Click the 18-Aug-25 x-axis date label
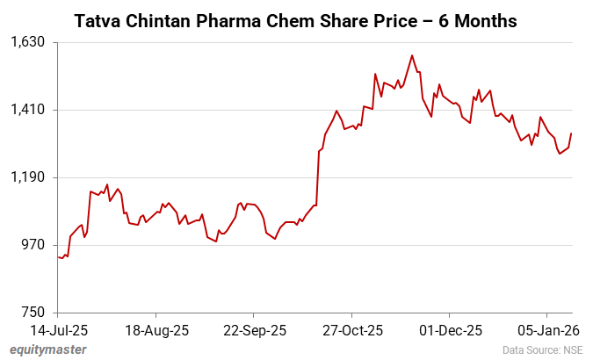155,331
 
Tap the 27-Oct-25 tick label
351,331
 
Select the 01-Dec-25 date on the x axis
449,331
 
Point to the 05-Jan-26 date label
546,331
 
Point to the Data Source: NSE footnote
543,350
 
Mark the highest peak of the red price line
411,55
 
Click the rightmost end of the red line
571,133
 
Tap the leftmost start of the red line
58,257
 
